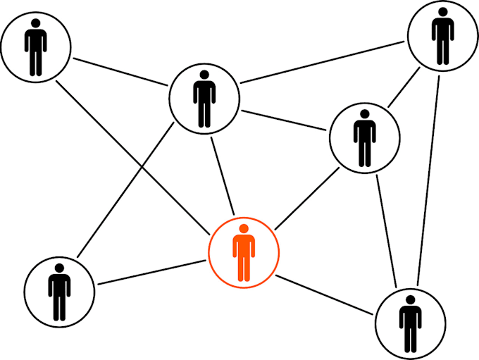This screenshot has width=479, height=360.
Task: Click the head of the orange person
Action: (x=244, y=228)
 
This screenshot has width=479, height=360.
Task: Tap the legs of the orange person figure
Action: (x=244, y=268)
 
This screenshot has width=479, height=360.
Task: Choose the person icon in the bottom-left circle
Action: (x=59, y=292)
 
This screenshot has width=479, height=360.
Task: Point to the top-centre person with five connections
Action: (x=204, y=99)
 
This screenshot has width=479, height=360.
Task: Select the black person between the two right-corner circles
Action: (x=364, y=137)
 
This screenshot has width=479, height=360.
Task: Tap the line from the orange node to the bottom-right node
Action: (x=325, y=294)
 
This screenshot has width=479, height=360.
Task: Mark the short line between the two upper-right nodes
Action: (x=402, y=90)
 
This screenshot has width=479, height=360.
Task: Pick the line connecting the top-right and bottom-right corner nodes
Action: (x=428, y=176)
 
